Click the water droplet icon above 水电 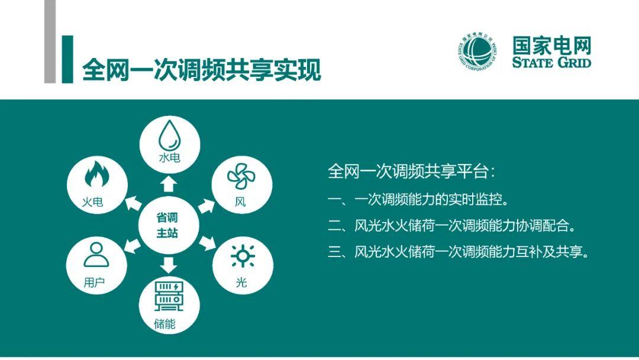click(170, 136)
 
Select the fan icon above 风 click(241, 176)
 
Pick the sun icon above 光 click(243, 256)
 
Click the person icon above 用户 click(96, 255)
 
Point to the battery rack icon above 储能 click(169, 296)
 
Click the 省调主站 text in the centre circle click(167, 225)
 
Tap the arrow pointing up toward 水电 click(168, 184)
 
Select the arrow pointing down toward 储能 click(168, 265)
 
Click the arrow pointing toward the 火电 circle click(133, 203)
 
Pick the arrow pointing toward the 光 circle click(207, 243)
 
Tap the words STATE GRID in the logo click(551, 62)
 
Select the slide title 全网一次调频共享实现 click(201, 70)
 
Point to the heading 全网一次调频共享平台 click(411, 171)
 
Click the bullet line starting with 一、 click(418, 199)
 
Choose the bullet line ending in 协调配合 click(452, 225)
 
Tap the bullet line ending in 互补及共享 click(459, 252)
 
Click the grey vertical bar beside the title click(50, 41)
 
